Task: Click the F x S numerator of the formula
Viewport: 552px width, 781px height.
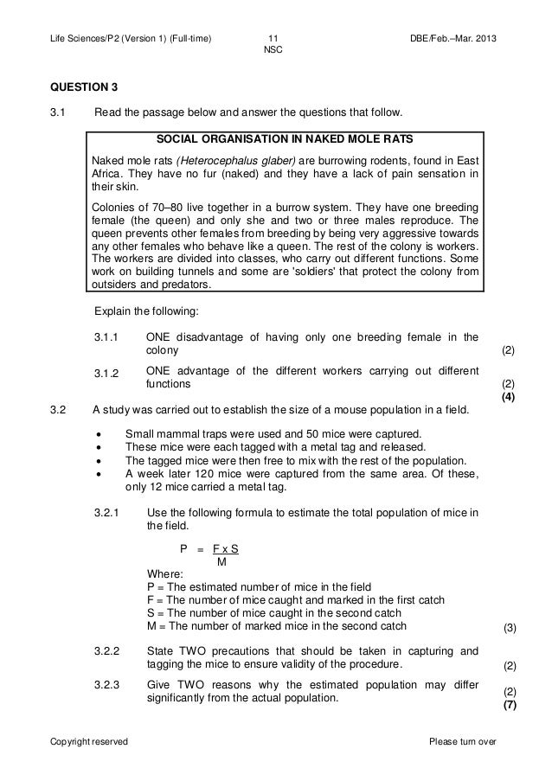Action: [226, 548]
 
